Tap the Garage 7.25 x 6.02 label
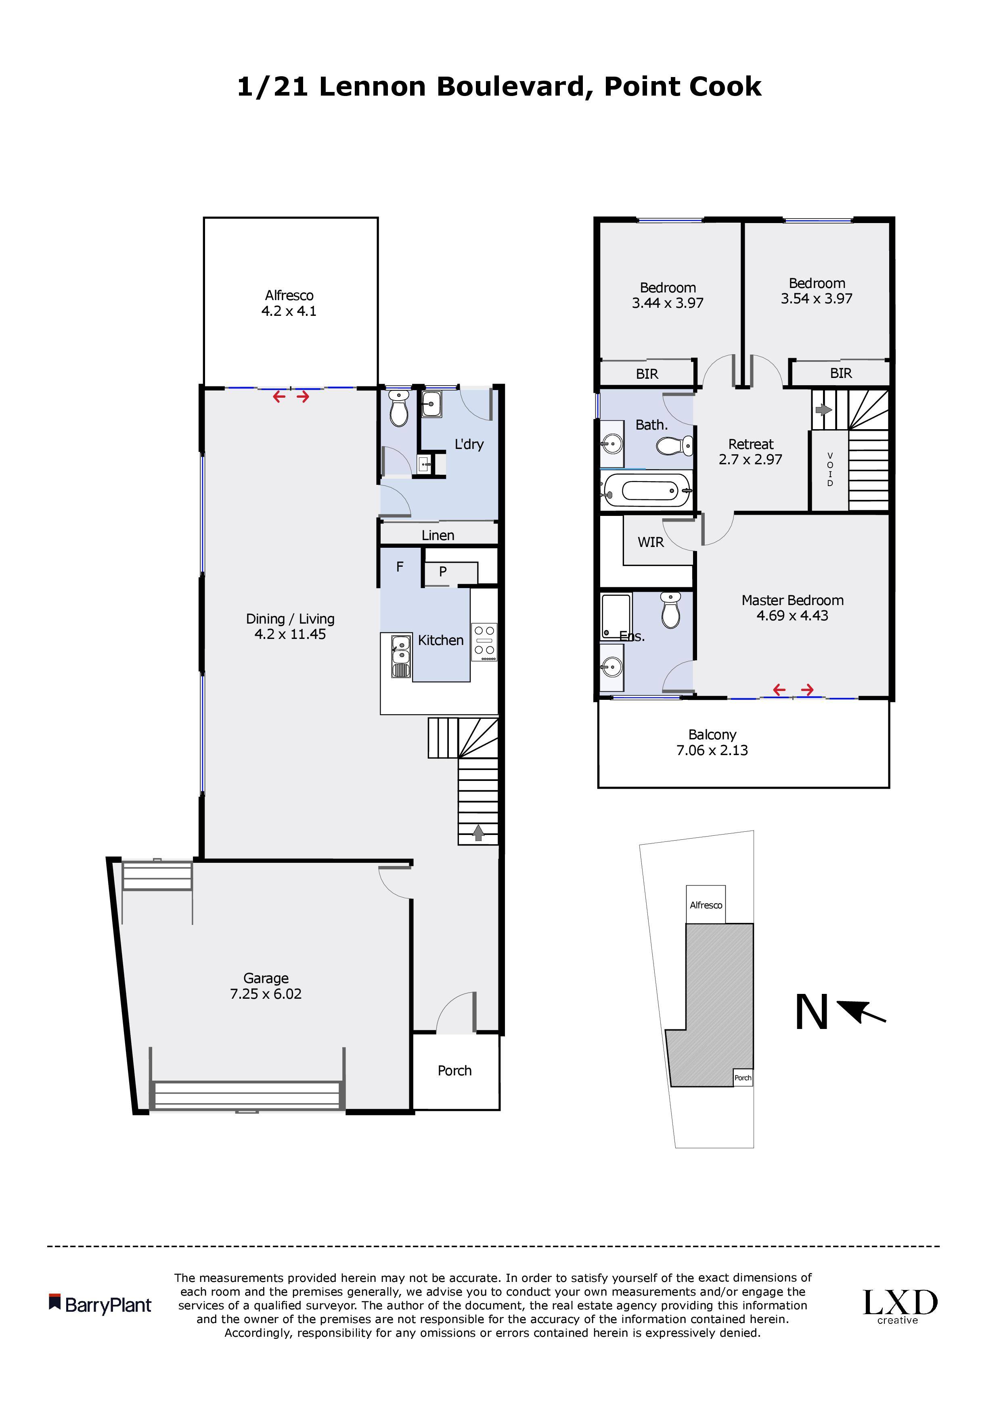pos(266,986)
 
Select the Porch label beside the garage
pos(454,1071)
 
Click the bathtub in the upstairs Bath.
pos(647,490)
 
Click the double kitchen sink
pos(401,656)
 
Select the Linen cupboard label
pos(438,536)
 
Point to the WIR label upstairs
pos(651,543)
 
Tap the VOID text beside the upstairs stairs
pos(830,470)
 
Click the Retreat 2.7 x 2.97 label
pos(751,452)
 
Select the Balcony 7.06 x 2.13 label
pos(712,742)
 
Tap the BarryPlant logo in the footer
pos(100,1305)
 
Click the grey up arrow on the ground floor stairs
pos(478,833)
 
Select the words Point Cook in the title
pos(683,87)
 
